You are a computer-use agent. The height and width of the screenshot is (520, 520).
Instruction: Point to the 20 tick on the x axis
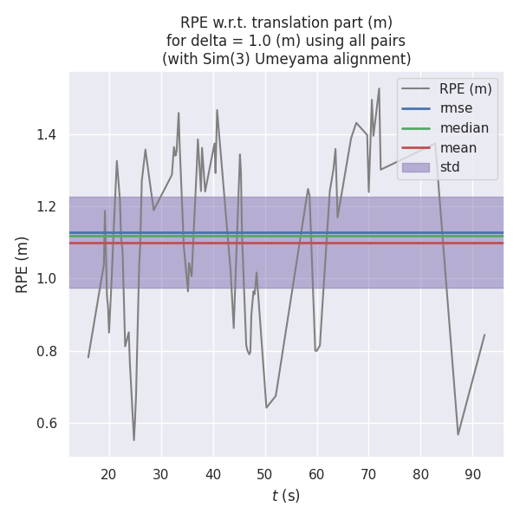click(109, 474)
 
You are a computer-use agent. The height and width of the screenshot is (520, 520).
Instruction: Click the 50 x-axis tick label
click(265, 474)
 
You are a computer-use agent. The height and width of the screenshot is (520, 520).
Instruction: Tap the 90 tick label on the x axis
click(472, 474)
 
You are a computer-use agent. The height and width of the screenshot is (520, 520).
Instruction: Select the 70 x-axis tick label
click(368, 474)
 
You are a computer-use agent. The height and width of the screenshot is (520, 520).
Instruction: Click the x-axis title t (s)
click(286, 496)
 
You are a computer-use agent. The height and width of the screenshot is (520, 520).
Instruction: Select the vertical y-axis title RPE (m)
click(22, 264)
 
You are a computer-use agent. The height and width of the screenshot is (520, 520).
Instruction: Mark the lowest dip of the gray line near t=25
click(133, 440)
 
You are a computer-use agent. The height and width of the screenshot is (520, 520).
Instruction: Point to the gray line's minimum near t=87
click(458, 434)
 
